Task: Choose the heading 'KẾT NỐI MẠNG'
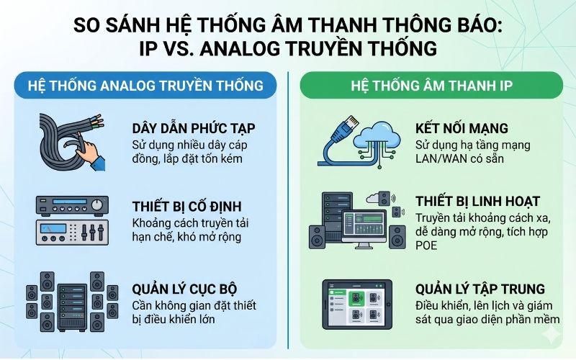(462, 129)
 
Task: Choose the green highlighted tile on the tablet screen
(354, 297)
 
